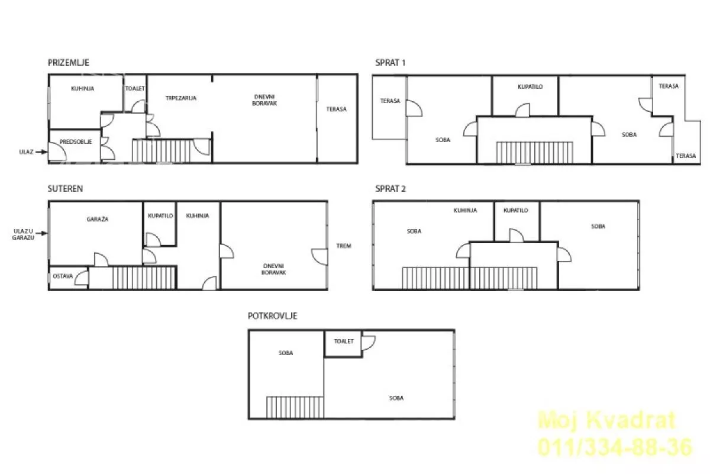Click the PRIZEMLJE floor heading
69,63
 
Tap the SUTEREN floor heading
65,189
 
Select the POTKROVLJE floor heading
273,316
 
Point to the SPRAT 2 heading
390,189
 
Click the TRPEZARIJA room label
181,98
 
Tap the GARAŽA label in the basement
98,219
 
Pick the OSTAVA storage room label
63,276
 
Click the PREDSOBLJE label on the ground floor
76,141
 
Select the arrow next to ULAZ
41,152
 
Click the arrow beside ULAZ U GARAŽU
41,233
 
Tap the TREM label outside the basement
344,246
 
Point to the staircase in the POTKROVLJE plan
295,407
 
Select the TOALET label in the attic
344,341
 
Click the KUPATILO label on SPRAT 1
530,86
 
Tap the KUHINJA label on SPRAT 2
465,210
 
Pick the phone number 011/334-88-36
615,447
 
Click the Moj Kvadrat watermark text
607,420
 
